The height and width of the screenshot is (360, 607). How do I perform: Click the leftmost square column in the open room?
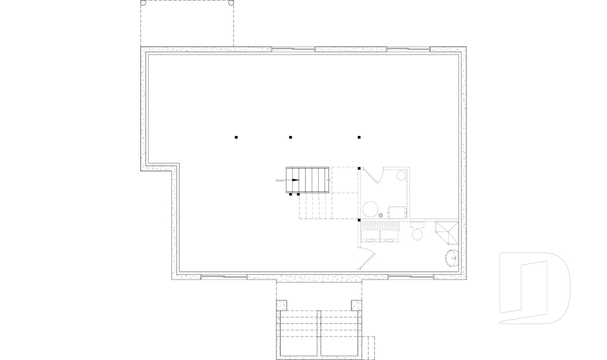tap(236, 137)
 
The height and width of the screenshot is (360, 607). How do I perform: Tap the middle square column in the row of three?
tap(290, 137)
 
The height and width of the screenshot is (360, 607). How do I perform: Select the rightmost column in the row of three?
tap(359, 137)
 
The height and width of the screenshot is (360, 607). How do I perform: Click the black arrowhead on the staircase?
tap(295, 180)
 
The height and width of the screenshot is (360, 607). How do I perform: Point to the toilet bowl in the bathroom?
tap(417, 235)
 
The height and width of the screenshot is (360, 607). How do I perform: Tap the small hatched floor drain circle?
tap(381, 216)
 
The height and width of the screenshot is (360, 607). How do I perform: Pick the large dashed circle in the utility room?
tap(370, 209)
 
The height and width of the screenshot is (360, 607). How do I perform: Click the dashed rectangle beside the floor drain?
tap(397, 212)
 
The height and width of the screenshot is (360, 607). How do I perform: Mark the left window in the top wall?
tap(293, 49)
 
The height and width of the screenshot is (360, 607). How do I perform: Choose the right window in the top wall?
tap(408, 49)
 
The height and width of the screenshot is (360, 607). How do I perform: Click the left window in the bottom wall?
tap(223, 276)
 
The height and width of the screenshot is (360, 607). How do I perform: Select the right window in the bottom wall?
tap(410, 276)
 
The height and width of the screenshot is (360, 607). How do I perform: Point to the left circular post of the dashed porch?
tap(143, 3)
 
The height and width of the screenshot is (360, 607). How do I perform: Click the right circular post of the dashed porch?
tap(231, 3)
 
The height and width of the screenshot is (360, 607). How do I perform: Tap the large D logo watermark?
tap(534, 288)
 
